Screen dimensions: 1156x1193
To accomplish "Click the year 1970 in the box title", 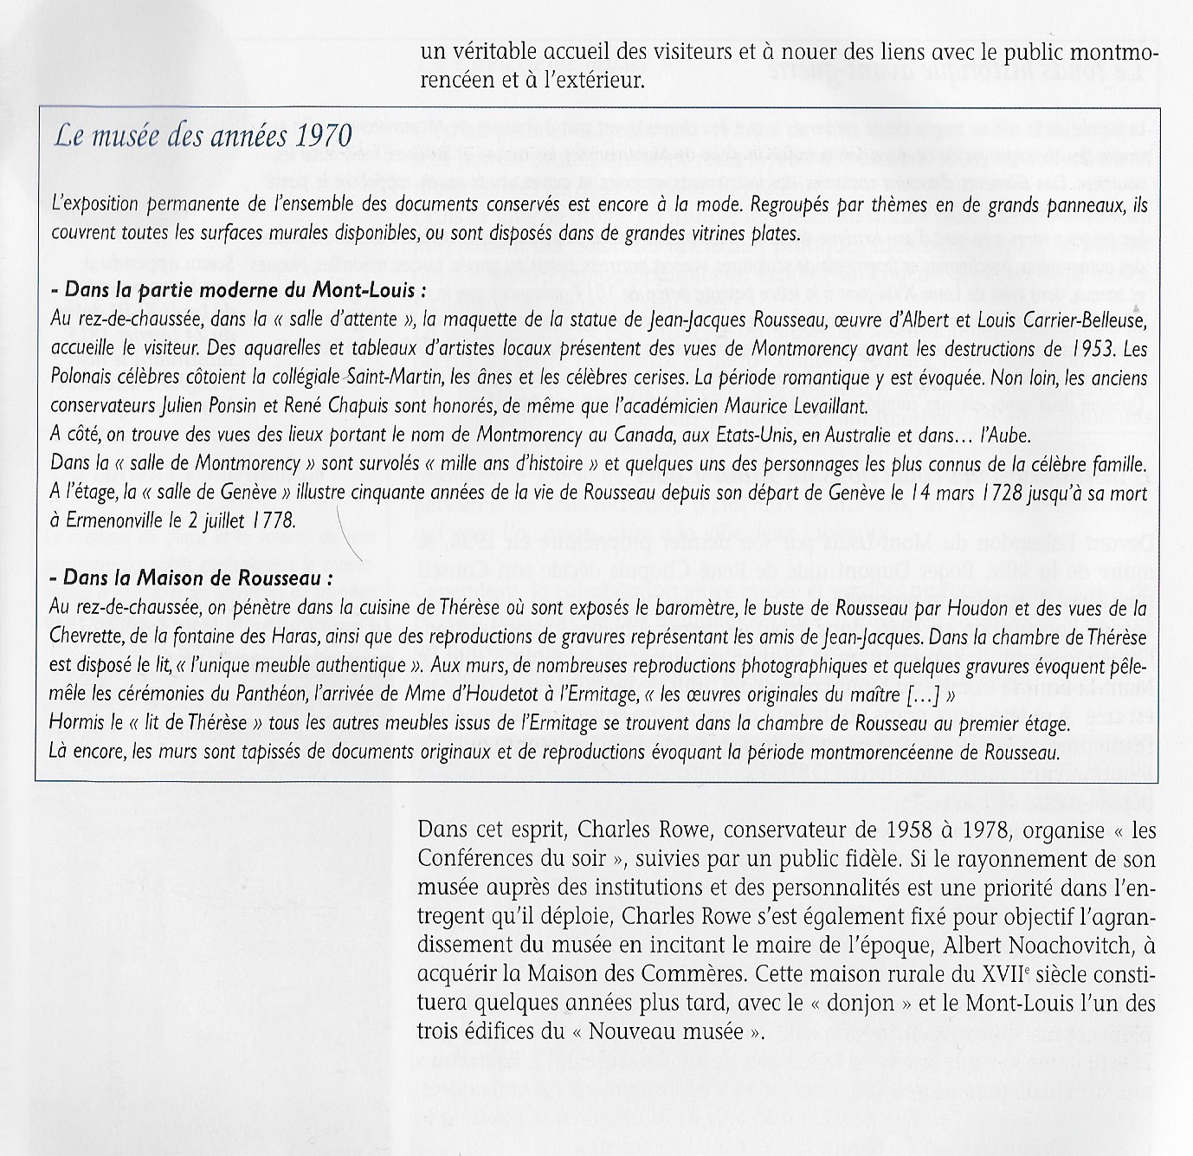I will (x=324, y=138).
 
